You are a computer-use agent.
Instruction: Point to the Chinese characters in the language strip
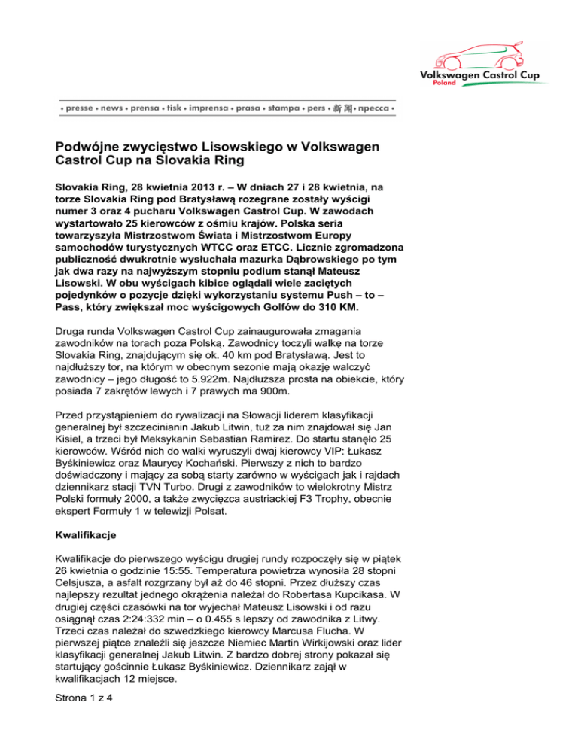pyautogui.click(x=343, y=109)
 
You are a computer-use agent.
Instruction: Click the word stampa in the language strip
pyautogui.click(x=282, y=109)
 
